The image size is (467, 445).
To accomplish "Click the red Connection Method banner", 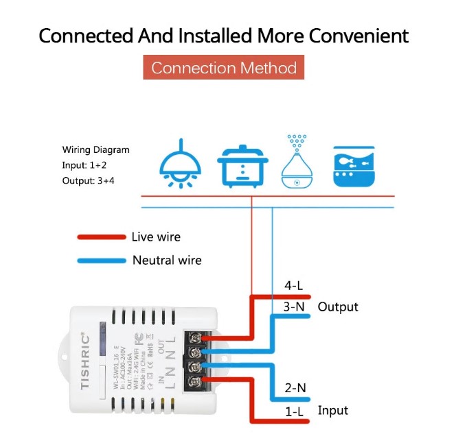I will pyautogui.click(x=224, y=68).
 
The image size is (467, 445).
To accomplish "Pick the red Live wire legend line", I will pyautogui.click(x=100, y=237).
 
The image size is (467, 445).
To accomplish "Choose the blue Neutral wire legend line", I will pyautogui.click(x=101, y=261).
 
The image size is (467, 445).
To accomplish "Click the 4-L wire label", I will pyautogui.click(x=294, y=286).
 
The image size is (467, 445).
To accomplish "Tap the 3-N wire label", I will pyautogui.click(x=294, y=306).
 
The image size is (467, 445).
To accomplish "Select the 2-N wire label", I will pyautogui.click(x=295, y=388).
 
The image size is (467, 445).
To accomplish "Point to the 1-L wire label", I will pyautogui.click(x=295, y=411).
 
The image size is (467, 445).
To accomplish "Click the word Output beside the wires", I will pyautogui.click(x=338, y=306).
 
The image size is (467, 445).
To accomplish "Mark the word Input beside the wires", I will pyautogui.click(x=332, y=410).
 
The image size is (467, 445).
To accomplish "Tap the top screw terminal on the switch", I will pyautogui.click(x=194, y=337).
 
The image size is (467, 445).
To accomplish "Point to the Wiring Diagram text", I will pyautogui.click(x=95, y=149).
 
